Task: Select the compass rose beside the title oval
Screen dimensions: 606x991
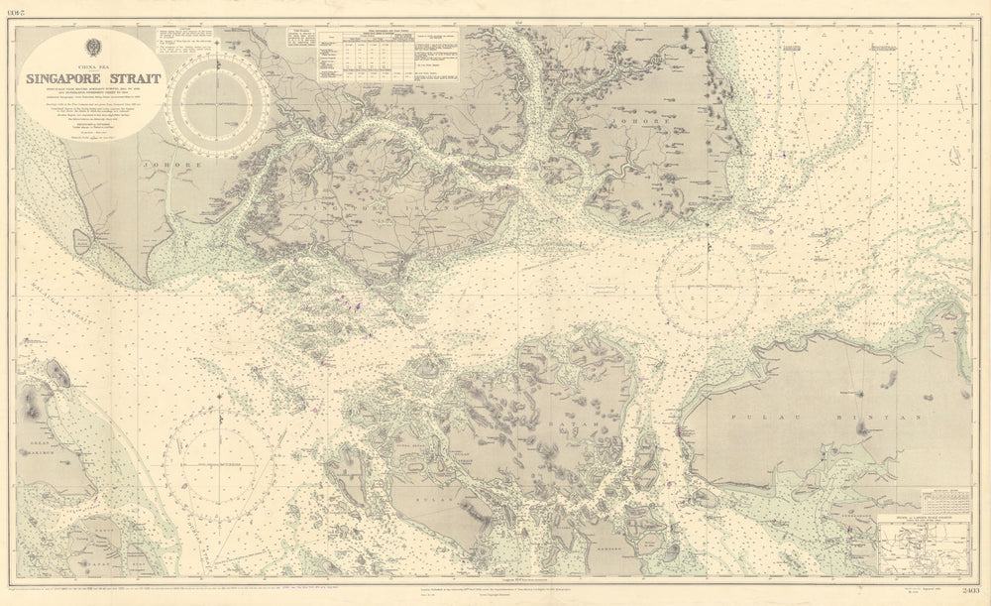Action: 219,103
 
